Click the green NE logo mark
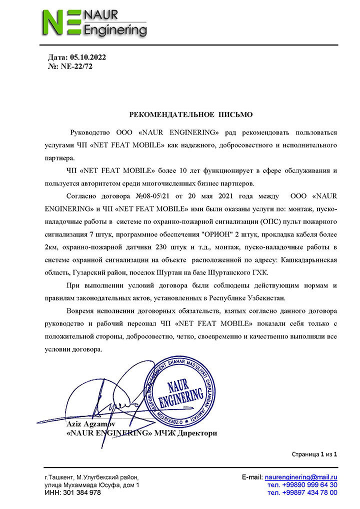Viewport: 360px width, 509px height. [x=60, y=23]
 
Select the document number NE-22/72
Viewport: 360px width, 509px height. [x=76, y=66]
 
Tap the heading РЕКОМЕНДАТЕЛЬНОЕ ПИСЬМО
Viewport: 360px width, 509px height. [x=191, y=114]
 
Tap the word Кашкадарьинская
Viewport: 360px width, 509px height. [x=308, y=260]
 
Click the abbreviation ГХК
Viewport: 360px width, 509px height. [x=261, y=272]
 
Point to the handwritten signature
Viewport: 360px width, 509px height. [x=110, y=405]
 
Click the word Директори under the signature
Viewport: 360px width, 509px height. [x=197, y=433]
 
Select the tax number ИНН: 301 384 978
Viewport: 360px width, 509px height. [x=72, y=492]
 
